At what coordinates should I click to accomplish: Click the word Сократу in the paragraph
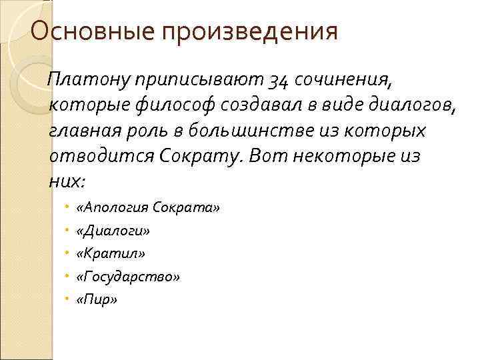coord(207,156)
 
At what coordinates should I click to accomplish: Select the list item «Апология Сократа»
coord(147,207)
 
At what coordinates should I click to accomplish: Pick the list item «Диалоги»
coord(113,231)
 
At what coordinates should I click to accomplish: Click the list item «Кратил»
coord(110,253)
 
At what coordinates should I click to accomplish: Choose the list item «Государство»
coord(127,277)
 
